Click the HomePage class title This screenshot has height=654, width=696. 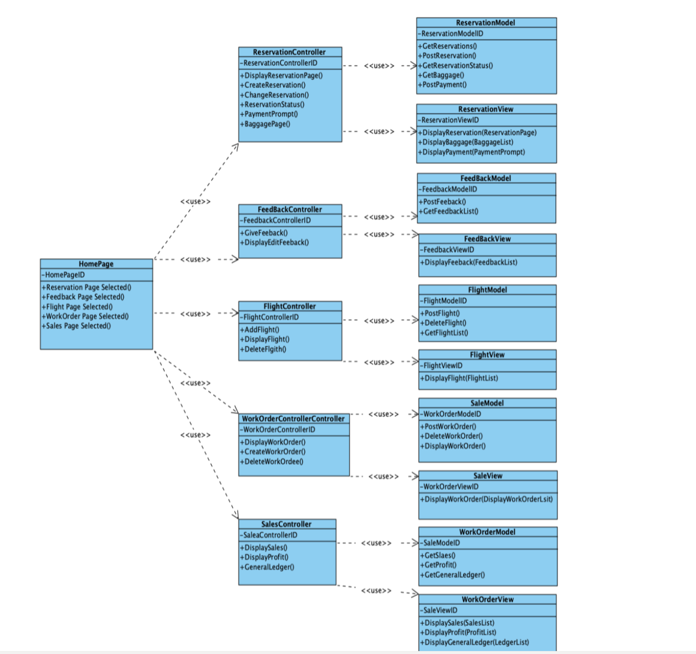click(96, 264)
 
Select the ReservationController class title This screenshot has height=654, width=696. click(289, 52)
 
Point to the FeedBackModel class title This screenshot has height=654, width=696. click(486, 178)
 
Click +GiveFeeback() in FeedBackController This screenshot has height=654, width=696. click(264, 233)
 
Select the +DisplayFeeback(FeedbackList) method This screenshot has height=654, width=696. click(469, 262)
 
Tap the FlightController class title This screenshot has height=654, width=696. click(290, 306)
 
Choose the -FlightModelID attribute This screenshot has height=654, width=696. click(443, 301)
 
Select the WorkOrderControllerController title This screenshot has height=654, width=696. click(293, 419)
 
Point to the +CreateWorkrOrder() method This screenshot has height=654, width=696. click(273, 451)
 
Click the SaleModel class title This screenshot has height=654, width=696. click(487, 403)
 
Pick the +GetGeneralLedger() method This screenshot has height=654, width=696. click(453, 575)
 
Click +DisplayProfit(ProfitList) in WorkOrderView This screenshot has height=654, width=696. click(458, 632)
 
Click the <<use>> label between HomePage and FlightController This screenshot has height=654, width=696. click(195, 314)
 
